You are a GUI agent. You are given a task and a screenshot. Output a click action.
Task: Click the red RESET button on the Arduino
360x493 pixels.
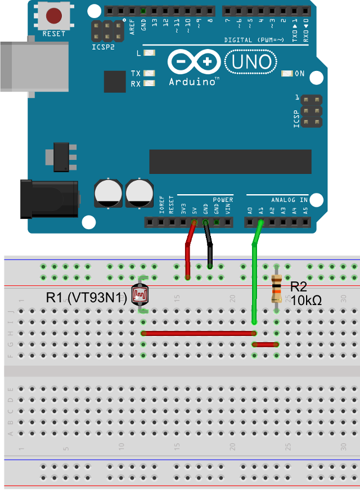[x=53, y=15]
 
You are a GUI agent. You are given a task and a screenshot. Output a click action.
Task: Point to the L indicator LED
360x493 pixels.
[x=149, y=53]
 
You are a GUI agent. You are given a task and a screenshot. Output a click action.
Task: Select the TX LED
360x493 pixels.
[x=149, y=73]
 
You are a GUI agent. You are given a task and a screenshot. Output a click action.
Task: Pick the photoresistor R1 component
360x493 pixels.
[x=141, y=295]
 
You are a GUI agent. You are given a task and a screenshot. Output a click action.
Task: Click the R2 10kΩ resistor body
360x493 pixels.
[x=276, y=288]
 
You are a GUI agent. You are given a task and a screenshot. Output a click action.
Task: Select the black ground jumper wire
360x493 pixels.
[x=209, y=248]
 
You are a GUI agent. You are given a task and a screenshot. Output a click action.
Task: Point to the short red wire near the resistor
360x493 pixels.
[x=265, y=344]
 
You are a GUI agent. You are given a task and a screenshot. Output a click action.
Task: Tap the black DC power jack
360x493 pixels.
[x=48, y=199]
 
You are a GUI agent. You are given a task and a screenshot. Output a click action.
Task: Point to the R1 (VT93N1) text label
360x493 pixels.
[x=87, y=299]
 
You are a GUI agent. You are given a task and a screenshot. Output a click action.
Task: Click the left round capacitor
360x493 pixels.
[x=107, y=193]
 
